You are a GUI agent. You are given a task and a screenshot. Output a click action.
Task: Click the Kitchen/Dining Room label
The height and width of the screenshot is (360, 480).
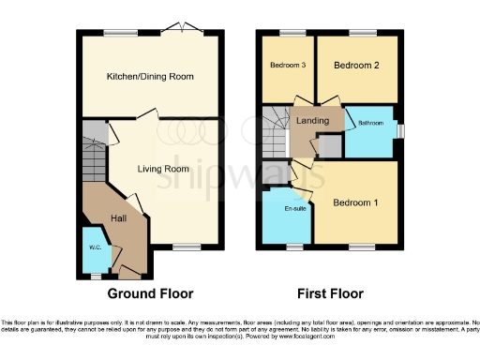(151, 75)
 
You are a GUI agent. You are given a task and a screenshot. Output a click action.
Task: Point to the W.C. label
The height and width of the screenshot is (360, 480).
(95, 248)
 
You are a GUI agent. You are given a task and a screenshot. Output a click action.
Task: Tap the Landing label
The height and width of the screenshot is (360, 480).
(311, 121)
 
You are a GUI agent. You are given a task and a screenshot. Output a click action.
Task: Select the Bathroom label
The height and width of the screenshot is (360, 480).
(370, 123)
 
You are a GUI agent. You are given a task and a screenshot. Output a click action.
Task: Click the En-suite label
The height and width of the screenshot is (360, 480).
(296, 208)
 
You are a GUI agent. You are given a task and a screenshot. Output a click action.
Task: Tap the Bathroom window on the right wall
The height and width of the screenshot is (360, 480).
(401, 130)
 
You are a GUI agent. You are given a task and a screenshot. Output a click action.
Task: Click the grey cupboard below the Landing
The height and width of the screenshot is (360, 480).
(329, 146)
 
